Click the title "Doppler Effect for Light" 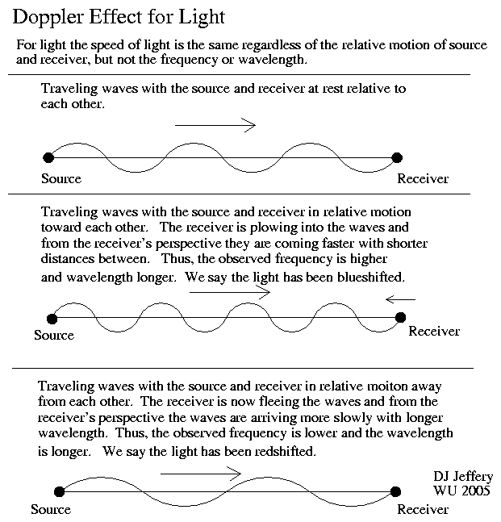coord(119,17)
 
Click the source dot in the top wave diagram coord(48,157)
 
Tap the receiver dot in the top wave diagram coord(397,158)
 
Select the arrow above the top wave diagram coord(215,125)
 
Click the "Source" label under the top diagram coord(61,179)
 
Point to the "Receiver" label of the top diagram coord(423,179)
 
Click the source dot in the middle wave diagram coord(52,319)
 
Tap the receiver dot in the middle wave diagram coord(400,317)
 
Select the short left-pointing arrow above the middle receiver coord(400,299)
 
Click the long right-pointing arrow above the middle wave coord(230,293)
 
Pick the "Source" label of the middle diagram coord(54,335)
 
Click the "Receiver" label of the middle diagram coord(434,332)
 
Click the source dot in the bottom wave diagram coord(59,491)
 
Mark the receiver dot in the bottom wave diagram coord(395,491)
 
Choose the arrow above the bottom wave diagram coord(201,474)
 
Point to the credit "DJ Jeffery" coord(463,477)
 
